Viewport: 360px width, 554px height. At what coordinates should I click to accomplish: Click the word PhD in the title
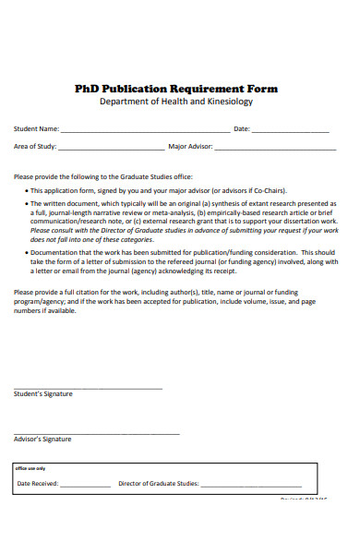coord(89,89)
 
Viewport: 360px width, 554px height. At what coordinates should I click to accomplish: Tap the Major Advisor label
coord(191,147)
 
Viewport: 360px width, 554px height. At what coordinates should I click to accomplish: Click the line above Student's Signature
coord(88,388)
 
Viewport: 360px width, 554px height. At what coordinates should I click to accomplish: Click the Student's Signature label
coord(43,394)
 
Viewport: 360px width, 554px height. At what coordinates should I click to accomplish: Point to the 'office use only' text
coord(30,468)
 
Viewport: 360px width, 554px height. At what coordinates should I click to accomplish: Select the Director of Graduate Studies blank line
coord(251,485)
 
